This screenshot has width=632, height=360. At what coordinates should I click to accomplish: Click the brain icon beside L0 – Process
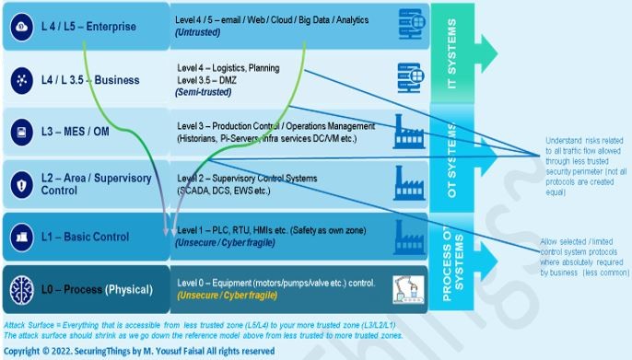pyautogui.click(x=21, y=289)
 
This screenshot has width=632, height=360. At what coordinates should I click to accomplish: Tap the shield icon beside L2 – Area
pyautogui.click(x=21, y=185)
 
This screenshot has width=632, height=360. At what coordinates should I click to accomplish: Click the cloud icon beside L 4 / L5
pyautogui.click(x=21, y=28)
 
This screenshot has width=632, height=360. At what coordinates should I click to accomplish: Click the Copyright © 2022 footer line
pyautogui.click(x=138, y=351)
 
